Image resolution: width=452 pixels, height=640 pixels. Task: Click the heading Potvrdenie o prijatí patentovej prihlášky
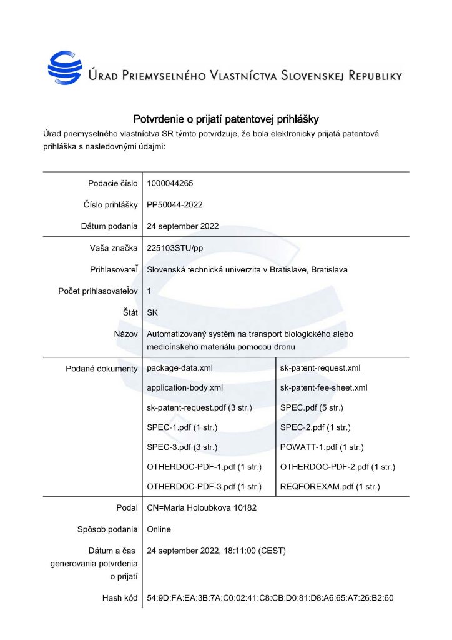coord(226,119)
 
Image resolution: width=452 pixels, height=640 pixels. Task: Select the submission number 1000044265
coord(170,183)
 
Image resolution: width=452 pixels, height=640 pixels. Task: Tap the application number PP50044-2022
coord(174,204)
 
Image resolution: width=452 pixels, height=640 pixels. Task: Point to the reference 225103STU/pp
coord(175,248)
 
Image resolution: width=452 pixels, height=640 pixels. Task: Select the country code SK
coord(152,313)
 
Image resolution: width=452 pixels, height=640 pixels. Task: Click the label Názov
coord(125,334)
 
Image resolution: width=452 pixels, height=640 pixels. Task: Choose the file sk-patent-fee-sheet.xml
coord(323,388)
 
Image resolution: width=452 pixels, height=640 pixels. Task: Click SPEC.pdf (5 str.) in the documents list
coord(312,407)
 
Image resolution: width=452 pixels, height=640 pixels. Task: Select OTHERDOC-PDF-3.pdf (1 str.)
coord(204,486)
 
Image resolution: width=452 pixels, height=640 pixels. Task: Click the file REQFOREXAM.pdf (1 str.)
coord(330,486)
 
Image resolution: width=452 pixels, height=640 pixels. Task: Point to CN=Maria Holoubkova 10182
coord(201,508)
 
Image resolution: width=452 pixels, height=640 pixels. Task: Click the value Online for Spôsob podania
coord(159,529)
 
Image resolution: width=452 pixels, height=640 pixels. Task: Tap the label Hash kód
coord(119,598)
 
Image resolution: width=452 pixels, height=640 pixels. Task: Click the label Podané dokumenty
coord(101,369)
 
